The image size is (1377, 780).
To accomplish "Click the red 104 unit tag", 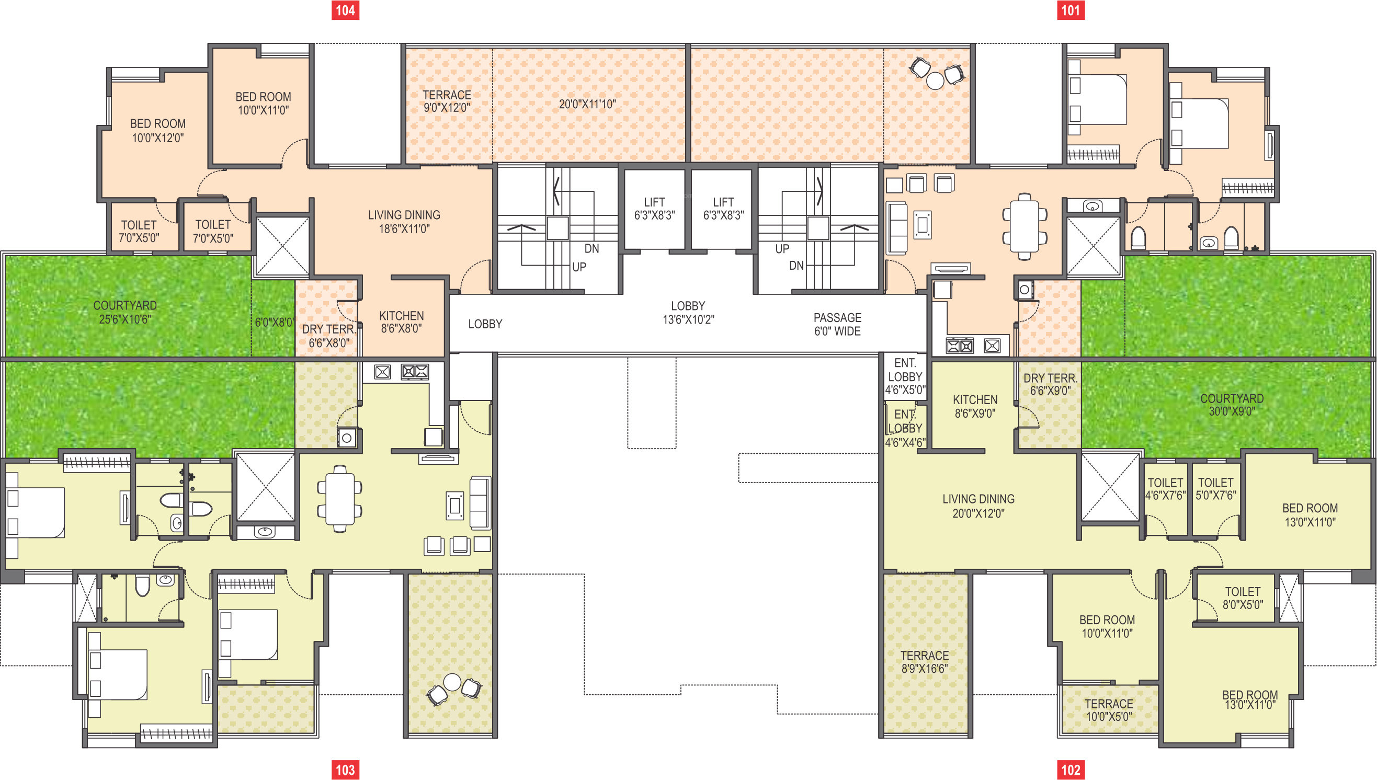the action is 345,10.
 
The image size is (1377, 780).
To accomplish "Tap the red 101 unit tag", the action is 1071,10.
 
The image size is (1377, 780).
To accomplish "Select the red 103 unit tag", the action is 345,770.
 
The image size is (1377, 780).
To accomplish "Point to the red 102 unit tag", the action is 1071,770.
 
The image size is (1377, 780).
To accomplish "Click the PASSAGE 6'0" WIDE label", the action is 837,325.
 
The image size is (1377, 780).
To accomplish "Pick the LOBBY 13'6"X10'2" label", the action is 688,312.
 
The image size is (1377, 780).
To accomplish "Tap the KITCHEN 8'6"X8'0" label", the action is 401,322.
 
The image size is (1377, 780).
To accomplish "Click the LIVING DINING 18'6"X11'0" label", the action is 404,222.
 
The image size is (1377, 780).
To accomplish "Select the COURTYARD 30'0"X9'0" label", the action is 1232,405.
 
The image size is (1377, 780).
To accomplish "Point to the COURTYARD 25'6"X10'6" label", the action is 125,312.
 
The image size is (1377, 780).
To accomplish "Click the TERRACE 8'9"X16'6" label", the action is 924,662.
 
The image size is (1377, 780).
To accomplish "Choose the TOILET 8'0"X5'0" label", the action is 1243,598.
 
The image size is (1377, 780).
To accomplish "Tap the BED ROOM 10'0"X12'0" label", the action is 157,130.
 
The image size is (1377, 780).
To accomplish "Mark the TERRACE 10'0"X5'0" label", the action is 1109,710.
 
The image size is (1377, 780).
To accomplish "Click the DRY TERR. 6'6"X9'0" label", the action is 1050,384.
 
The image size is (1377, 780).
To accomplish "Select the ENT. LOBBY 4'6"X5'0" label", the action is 905,376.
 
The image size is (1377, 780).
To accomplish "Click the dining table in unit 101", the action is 1025,226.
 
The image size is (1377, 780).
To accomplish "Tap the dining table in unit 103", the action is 340,499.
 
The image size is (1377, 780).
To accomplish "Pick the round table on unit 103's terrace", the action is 452,682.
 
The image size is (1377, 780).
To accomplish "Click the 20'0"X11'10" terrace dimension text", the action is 587,104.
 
